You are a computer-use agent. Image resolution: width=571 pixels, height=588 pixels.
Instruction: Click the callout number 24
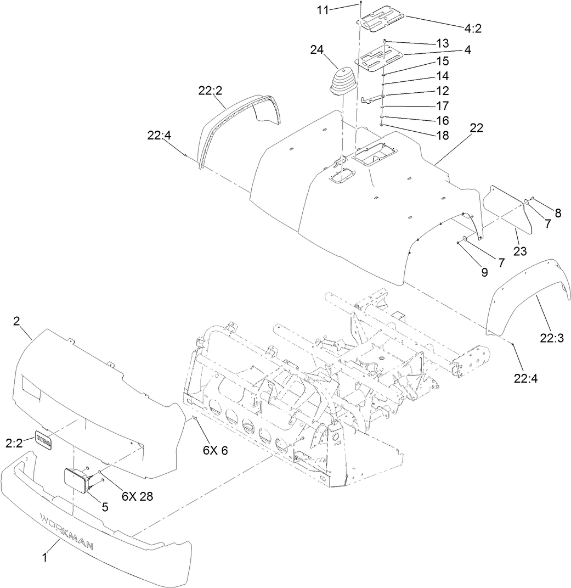(x=317, y=49)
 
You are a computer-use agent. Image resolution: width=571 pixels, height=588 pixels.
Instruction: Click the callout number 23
(x=519, y=251)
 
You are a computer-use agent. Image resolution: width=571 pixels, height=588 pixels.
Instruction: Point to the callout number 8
(x=558, y=214)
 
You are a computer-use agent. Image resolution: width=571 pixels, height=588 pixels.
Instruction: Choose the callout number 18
(x=457, y=135)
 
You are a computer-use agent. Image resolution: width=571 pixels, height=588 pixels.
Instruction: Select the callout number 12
(x=457, y=90)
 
